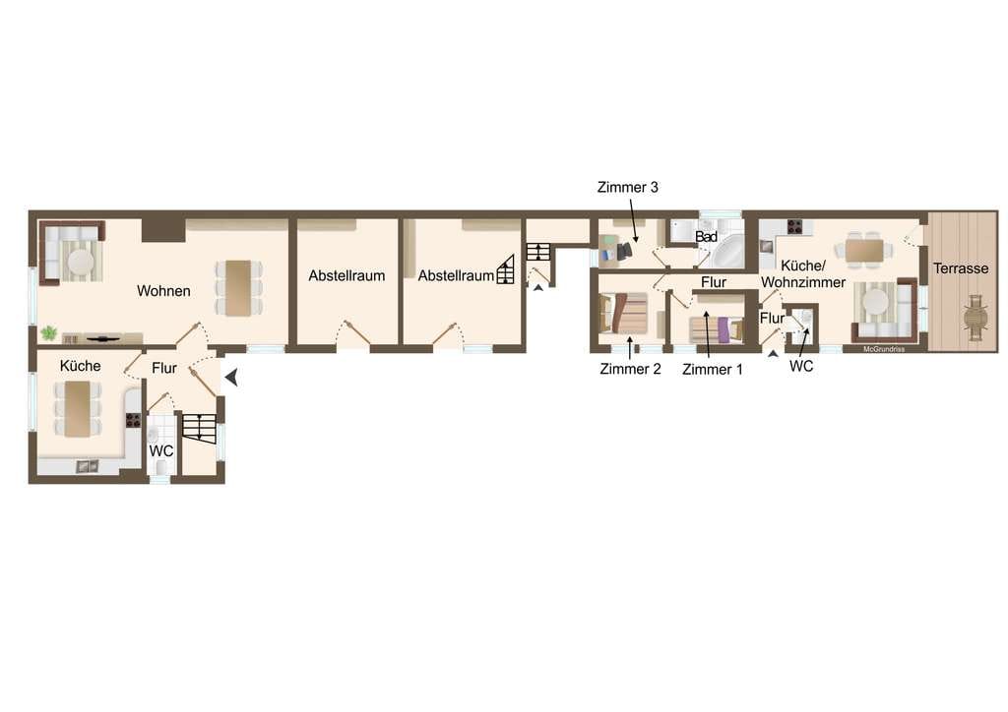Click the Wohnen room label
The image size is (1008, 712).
click(x=163, y=291)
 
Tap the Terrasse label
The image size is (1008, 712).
click(x=961, y=268)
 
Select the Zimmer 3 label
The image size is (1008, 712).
click(x=627, y=188)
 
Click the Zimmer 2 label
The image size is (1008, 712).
click(x=630, y=369)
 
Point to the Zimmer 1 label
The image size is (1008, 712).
click(x=713, y=369)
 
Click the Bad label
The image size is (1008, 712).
click(x=706, y=237)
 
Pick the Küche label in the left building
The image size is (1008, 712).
click(x=81, y=366)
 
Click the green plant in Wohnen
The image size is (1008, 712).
click(x=49, y=333)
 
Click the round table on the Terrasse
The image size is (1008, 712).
click(x=976, y=317)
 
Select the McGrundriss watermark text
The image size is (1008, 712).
click(x=884, y=349)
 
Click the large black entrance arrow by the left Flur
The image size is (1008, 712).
click(x=232, y=378)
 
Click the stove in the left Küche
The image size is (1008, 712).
click(x=133, y=420)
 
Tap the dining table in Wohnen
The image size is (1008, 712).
click(x=238, y=287)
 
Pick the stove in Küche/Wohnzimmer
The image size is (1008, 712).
click(x=795, y=226)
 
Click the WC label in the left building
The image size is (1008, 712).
click(x=161, y=451)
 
